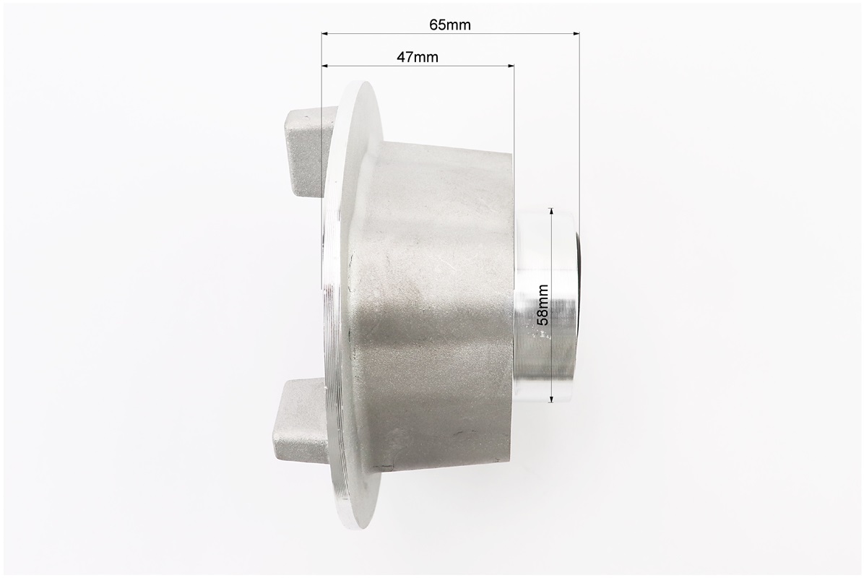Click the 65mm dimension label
450,25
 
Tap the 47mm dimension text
418,57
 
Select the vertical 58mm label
543,305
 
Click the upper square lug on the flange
306,152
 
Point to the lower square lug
303,423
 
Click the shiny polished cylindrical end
543,305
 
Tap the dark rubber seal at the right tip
576,305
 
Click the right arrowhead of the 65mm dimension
576,34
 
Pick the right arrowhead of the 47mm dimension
510,66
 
